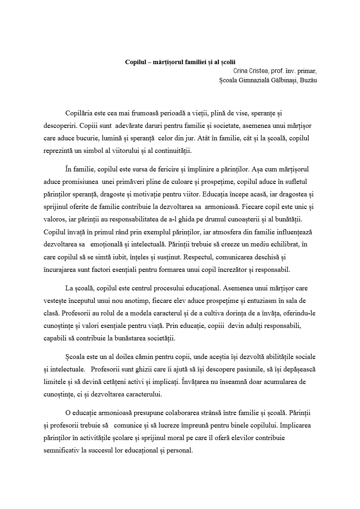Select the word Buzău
click(x=309, y=80)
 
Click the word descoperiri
click(x=60, y=126)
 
